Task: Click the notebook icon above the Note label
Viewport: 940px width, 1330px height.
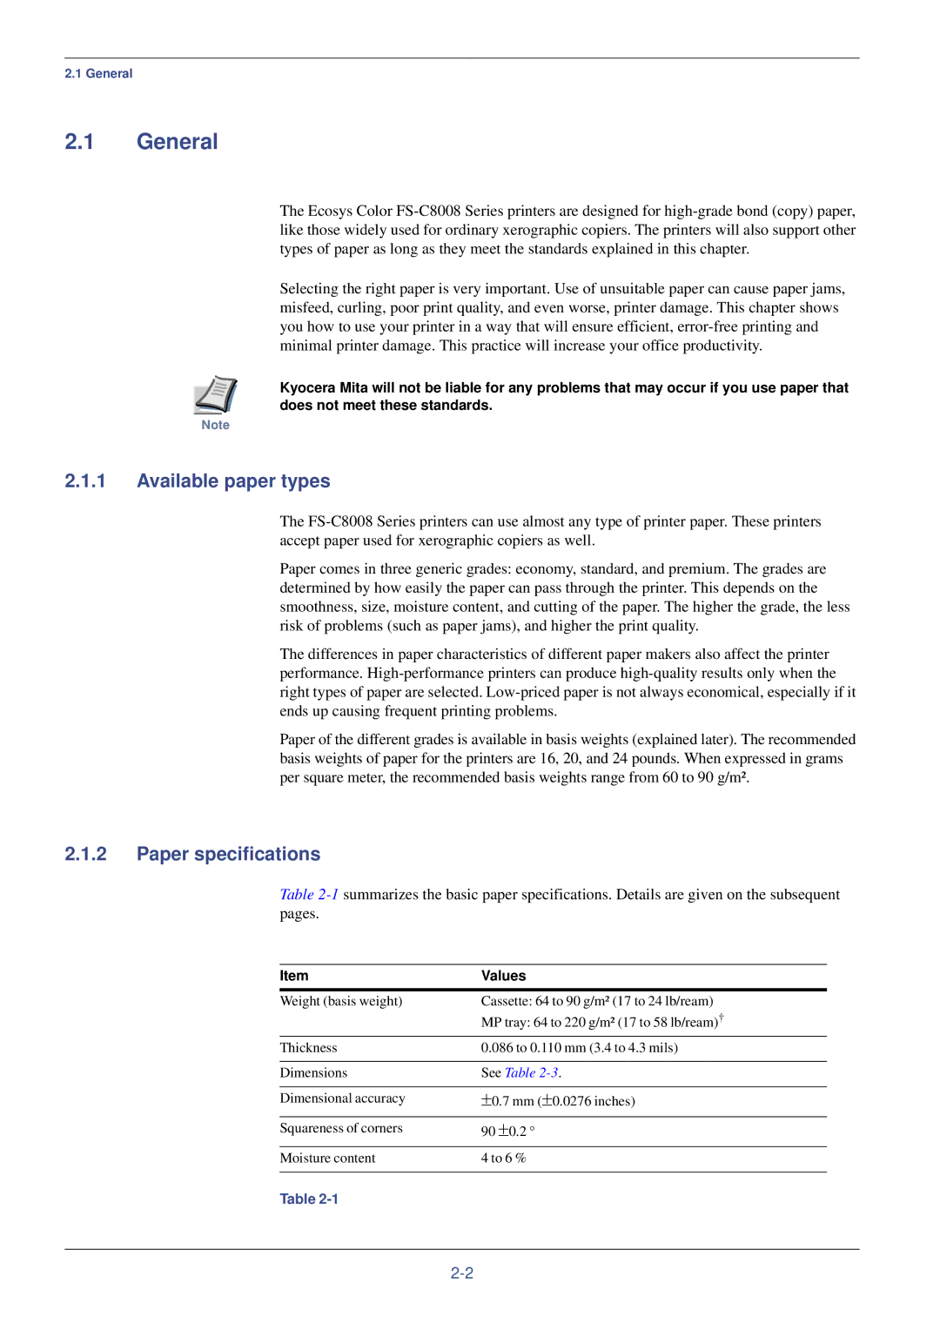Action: click(215, 395)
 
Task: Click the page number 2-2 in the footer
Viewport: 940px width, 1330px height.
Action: click(462, 1273)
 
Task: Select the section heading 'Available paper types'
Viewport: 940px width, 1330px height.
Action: click(233, 481)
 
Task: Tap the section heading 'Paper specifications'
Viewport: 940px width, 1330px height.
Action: click(228, 854)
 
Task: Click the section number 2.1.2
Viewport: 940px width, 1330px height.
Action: click(85, 854)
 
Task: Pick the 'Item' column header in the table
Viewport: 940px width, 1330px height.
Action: click(294, 976)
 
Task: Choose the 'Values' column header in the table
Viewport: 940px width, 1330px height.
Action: click(503, 976)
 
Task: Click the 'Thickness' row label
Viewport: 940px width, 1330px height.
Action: click(308, 1048)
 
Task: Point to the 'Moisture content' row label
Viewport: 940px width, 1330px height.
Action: click(327, 1159)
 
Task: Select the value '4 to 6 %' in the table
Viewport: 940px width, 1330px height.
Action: click(503, 1159)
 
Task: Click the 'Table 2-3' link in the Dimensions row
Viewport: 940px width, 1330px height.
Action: click(531, 1073)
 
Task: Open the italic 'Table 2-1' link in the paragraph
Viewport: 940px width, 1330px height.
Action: click(309, 895)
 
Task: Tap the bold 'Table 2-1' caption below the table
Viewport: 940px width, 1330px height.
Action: click(309, 1199)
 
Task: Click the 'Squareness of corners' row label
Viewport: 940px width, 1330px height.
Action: click(341, 1128)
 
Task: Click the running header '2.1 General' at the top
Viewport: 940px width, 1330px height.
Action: click(98, 74)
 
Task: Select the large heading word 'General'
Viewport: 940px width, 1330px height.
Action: click(178, 142)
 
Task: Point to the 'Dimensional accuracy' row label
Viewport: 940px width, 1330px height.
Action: click(342, 1098)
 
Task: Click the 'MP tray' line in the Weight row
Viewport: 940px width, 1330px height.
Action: click(601, 1023)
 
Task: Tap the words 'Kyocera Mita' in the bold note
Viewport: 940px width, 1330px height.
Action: click(324, 388)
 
